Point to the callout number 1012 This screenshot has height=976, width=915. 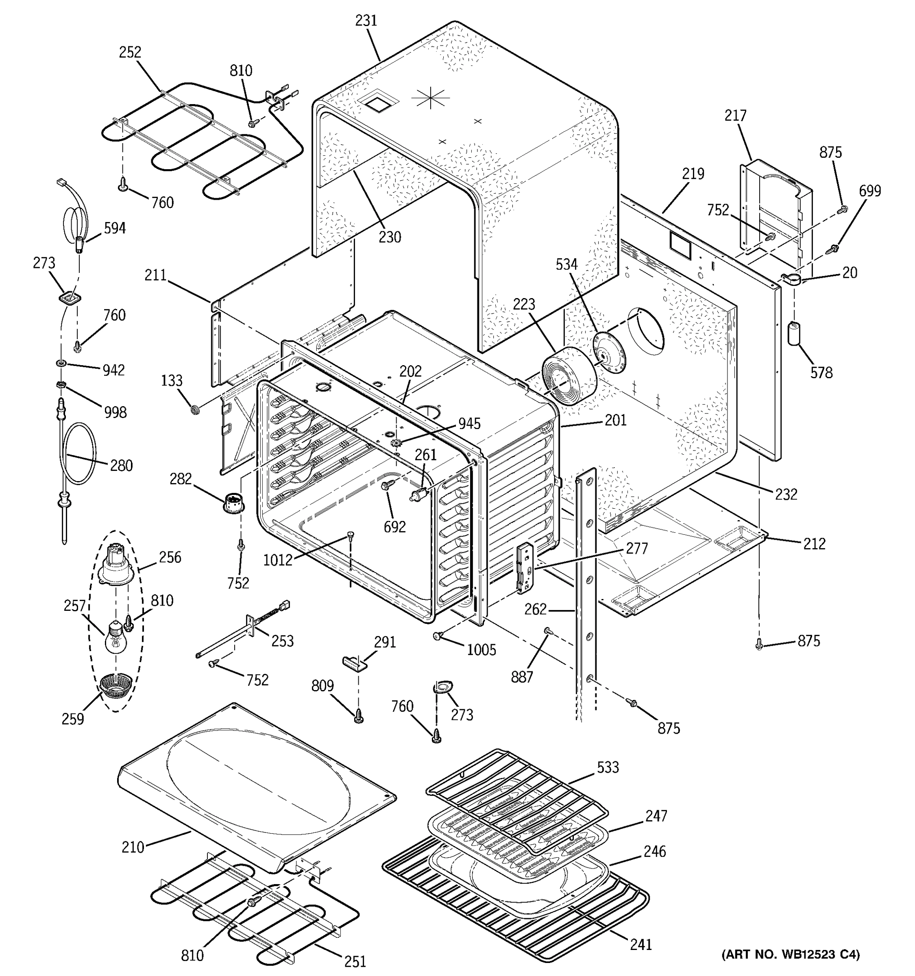pyautogui.click(x=278, y=560)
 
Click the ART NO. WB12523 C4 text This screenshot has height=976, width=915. pyautogui.click(x=790, y=954)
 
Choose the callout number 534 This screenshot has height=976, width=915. pyautogui.click(x=566, y=265)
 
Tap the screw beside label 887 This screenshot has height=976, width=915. pyautogui.click(x=548, y=631)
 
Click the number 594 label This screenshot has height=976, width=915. pyautogui.click(x=114, y=228)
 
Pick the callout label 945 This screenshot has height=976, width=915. pyautogui.click(x=469, y=423)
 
